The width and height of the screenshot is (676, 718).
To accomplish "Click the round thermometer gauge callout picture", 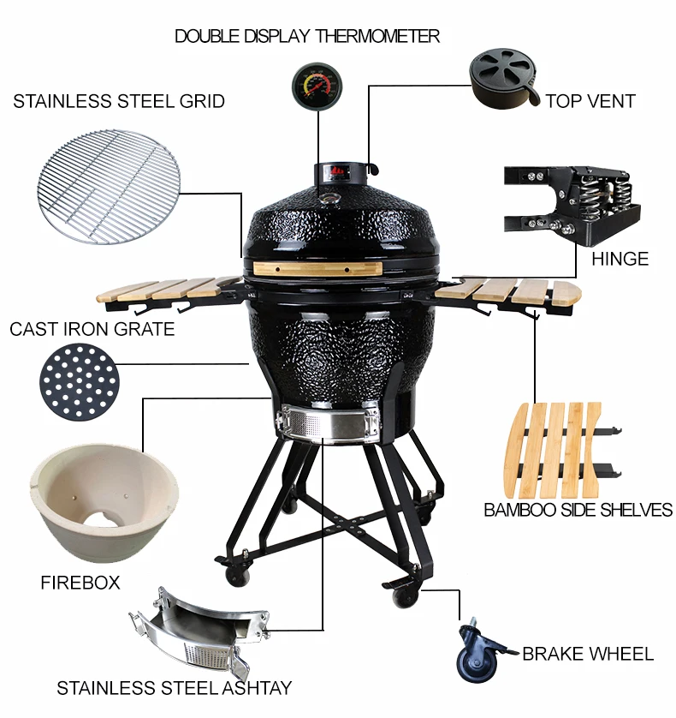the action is [317, 85].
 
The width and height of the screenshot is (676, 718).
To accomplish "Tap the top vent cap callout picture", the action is [503, 78].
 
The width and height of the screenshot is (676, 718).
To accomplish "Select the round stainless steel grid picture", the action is [109, 187].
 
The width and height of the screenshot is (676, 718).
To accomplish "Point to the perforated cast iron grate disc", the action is [79, 382].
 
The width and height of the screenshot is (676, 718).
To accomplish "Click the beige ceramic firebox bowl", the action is [104, 503].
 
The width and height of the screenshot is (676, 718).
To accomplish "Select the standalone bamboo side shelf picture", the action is [562, 451].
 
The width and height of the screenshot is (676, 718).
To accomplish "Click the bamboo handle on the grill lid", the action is [317, 269].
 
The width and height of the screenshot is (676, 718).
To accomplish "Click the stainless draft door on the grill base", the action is [328, 422].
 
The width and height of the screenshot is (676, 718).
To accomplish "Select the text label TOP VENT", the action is [590, 101].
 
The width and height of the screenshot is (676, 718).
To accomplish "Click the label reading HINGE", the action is [620, 259].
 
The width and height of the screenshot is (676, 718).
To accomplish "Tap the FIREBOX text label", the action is [80, 583].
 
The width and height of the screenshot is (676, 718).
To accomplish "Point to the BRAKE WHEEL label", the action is [588, 654].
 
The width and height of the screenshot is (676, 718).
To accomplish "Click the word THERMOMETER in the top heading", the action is [377, 36].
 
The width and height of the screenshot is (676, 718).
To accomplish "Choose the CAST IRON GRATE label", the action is [92, 329].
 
